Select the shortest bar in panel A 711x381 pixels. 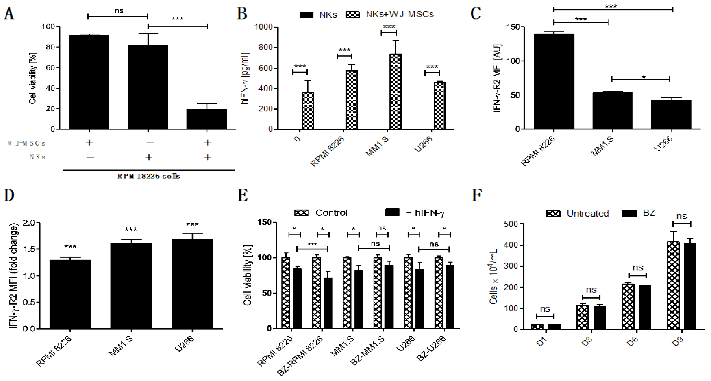pyautogui.click(x=207, y=119)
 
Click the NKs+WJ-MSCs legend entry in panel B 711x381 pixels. pyautogui.click(x=390, y=14)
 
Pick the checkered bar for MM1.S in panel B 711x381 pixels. pyautogui.click(x=396, y=91)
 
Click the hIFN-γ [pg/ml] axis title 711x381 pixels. pyautogui.click(x=245, y=78)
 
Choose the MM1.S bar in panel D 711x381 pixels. pyautogui.click(x=131, y=286)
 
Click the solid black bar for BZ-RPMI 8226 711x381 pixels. pyautogui.click(x=328, y=303)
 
